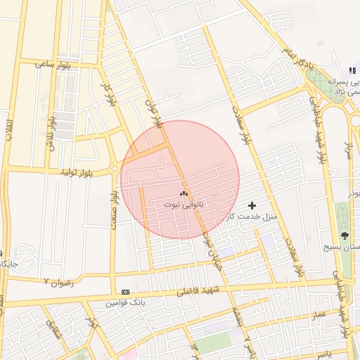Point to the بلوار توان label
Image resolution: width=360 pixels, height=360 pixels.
tap(153, 112)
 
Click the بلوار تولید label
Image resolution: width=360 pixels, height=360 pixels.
tap(77, 172)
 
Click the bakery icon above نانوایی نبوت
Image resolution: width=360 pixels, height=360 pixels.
tap(184, 193)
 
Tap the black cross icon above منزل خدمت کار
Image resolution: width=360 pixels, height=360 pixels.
tap(252, 205)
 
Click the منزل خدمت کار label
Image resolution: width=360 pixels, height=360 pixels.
tap(252, 216)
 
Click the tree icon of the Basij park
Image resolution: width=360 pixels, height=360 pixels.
tap(345, 236)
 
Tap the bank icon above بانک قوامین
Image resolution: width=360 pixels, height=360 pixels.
tap(125, 292)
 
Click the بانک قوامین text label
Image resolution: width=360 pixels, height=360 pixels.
tap(125, 303)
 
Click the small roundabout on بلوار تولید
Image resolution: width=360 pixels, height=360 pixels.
tap(114, 169)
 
